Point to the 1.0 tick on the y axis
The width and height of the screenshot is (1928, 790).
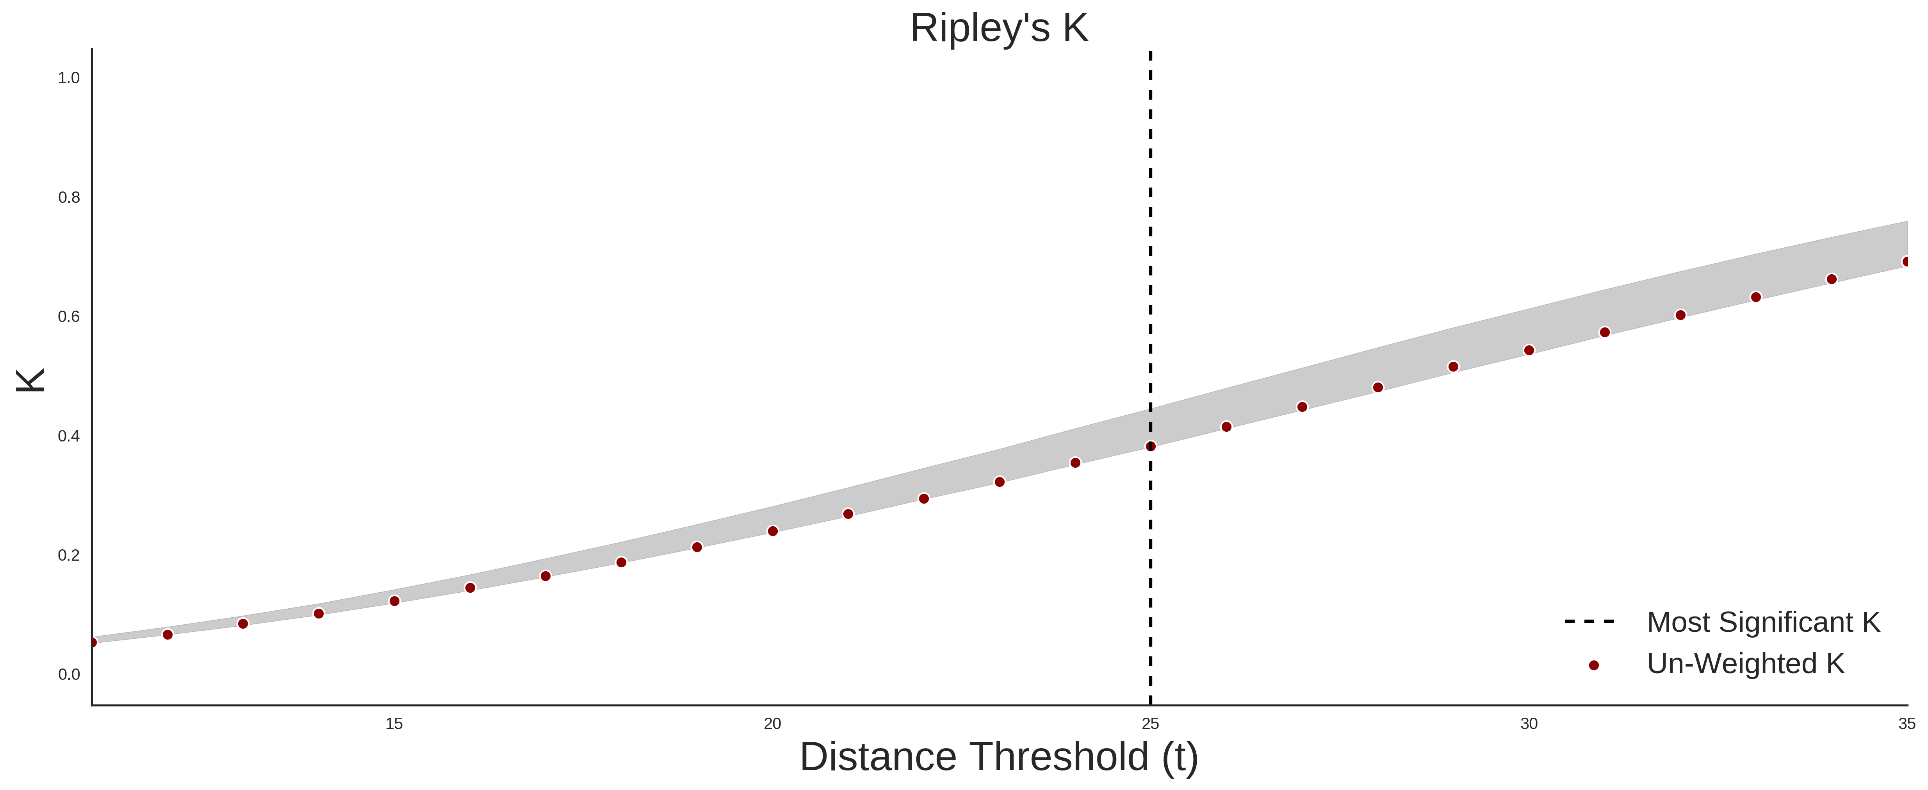[x=69, y=78]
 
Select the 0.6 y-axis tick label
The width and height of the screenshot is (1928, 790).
[x=69, y=317]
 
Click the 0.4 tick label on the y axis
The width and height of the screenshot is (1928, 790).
[x=69, y=436]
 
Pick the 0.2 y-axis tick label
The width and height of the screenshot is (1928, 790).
[x=69, y=555]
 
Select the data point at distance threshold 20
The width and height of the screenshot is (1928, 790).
[x=772, y=531]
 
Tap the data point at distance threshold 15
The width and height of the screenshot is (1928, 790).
[x=394, y=601]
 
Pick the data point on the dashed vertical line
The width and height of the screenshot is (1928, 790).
[x=1150, y=446]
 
